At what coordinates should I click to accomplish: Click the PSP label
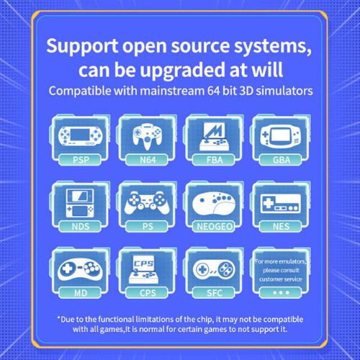[81, 160]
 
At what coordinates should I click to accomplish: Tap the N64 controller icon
[148, 136]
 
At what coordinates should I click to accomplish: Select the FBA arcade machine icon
[215, 136]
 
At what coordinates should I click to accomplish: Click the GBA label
[282, 160]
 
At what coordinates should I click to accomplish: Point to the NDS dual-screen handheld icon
[80, 203]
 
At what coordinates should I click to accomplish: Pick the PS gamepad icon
[147, 203]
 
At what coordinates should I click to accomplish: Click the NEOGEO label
[215, 227]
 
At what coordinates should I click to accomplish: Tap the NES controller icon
[281, 203]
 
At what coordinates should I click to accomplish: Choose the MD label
[81, 293]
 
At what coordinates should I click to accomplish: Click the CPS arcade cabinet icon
[143, 269]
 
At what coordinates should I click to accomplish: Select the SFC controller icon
[214, 269]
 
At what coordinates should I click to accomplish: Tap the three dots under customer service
[281, 293]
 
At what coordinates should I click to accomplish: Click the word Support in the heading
[82, 46]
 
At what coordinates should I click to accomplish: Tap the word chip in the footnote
[204, 320]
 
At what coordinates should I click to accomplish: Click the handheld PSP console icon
[81, 136]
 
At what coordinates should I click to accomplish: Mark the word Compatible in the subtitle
[80, 91]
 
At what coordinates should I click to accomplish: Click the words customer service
[280, 279]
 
